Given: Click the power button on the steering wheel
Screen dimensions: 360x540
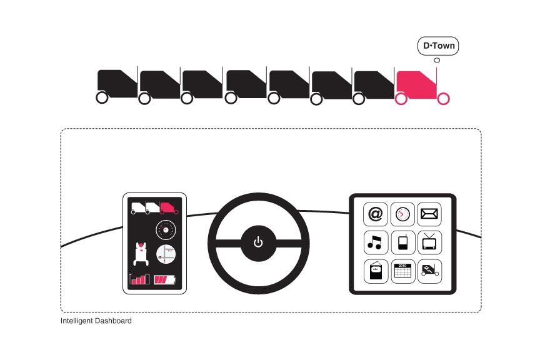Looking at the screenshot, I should pyautogui.click(x=258, y=242).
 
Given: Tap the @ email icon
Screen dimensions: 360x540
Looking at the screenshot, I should pyautogui.click(x=375, y=214).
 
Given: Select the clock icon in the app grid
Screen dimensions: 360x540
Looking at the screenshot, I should pyautogui.click(x=402, y=214).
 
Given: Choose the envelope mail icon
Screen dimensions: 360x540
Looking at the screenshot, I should pyautogui.click(x=429, y=214).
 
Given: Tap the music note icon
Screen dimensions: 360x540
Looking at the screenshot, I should pyautogui.click(x=375, y=242).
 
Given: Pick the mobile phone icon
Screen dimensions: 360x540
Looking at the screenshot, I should pyautogui.click(x=402, y=242).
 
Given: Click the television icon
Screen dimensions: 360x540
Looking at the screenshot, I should pyautogui.click(x=429, y=242).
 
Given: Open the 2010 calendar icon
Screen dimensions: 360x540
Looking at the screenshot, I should pyautogui.click(x=402, y=271).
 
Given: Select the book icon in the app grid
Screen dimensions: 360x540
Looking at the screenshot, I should pyautogui.click(x=375, y=271).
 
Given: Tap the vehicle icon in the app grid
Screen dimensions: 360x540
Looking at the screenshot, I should pyautogui.click(x=429, y=271).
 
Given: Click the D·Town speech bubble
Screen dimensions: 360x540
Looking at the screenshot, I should pyautogui.click(x=438, y=46).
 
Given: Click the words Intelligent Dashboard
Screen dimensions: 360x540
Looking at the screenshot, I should pyautogui.click(x=96, y=321).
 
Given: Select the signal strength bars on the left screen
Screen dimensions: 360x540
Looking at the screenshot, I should pyautogui.click(x=140, y=279).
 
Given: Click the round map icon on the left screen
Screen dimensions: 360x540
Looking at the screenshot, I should pyautogui.click(x=166, y=254).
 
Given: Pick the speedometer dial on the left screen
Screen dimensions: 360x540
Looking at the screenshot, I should pyautogui.click(x=166, y=229).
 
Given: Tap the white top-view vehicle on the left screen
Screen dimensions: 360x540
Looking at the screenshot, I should pyautogui.click(x=141, y=253).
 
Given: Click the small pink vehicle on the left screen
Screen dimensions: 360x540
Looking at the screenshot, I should pyautogui.click(x=169, y=207).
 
